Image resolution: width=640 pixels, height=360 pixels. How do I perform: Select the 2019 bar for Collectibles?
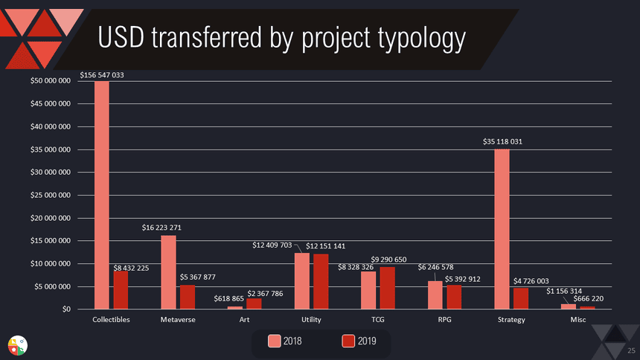(121, 290)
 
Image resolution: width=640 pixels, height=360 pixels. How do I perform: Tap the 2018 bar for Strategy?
(502, 229)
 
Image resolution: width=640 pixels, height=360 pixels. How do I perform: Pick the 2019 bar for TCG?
(388, 288)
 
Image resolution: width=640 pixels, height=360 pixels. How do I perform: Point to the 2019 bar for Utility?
(321, 281)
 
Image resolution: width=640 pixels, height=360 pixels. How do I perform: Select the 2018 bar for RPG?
(435, 295)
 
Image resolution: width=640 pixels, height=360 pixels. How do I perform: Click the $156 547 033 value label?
(102, 75)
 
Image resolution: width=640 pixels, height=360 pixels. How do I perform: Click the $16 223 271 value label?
(167, 227)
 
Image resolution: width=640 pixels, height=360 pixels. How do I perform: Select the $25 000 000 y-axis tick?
(50, 196)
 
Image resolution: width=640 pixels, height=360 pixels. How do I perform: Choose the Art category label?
(244, 320)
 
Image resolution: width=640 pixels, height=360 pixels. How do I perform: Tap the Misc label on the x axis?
(577, 320)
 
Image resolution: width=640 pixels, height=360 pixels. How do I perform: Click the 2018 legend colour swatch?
(275, 341)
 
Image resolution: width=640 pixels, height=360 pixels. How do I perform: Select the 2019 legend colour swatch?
(348, 341)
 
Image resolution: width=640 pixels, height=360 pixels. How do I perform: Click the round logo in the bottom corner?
(17, 345)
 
